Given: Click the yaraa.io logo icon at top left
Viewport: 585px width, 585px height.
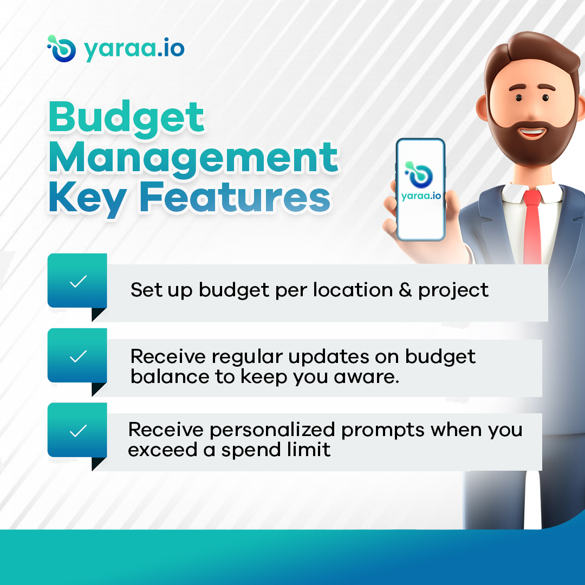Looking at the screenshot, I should [61, 49].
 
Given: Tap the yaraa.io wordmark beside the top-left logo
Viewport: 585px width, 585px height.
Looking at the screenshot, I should [134, 49].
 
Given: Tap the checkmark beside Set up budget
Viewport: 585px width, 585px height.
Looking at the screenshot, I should [78, 281].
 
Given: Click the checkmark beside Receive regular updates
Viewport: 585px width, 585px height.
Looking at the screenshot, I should [78, 356].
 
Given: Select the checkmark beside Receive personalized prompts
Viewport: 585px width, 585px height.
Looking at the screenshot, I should [78, 431].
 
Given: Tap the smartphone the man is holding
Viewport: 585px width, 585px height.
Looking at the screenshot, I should [420, 190].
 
